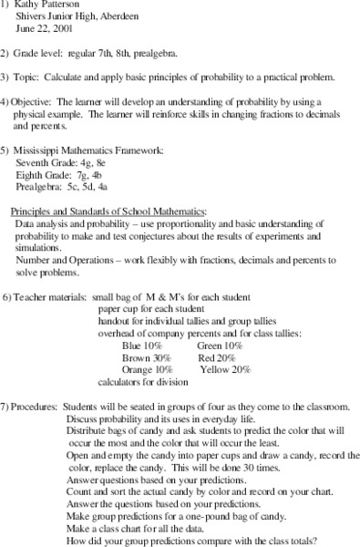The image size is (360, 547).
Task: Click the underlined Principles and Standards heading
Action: (109, 210)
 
